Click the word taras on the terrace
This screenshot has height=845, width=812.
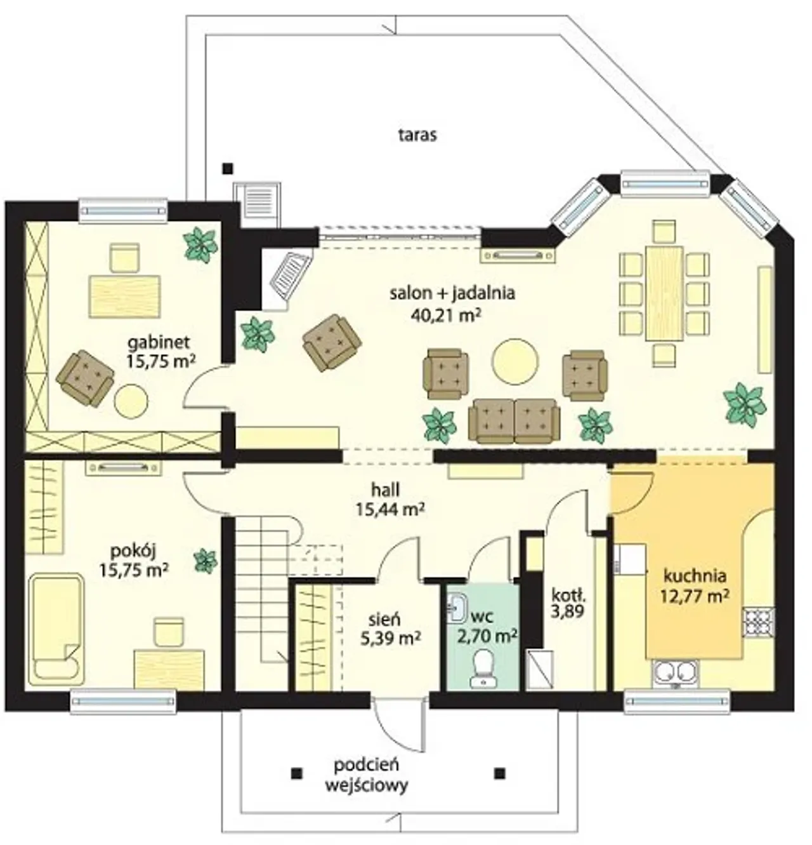[417, 135]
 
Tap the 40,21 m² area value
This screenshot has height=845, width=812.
[446, 315]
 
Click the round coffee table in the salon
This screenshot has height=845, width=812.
[514, 361]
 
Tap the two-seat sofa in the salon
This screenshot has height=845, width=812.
[514, 420]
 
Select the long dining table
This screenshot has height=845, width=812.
[664, 293]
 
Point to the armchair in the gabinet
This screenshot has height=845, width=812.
[85, 378]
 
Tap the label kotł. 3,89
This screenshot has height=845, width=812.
[567, 602]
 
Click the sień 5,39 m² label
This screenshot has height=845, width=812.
[390, 627]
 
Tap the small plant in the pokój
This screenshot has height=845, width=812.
[206, 561]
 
